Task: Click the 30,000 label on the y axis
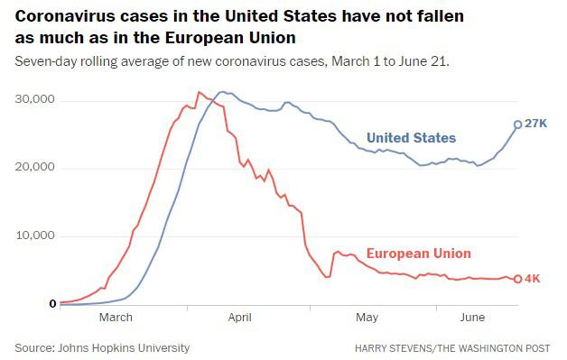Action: (34, 99)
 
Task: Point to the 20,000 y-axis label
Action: (34, 167)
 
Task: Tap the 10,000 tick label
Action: (34, 235)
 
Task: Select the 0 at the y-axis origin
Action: (52, 304)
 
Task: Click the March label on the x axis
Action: (116, 318)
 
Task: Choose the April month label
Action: (239, 318)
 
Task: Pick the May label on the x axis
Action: (367, 318)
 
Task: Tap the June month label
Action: (472, 318)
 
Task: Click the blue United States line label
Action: (411, 138)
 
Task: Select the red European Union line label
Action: (419, 254)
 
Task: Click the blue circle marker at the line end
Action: (518, 125)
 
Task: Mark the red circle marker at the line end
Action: (518, 279)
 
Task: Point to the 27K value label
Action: (536, 124)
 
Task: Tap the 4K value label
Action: (533, 278)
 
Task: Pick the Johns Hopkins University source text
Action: (124, 348)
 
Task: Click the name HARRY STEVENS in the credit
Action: (393, 348)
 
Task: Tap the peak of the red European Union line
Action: (199, 92)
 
